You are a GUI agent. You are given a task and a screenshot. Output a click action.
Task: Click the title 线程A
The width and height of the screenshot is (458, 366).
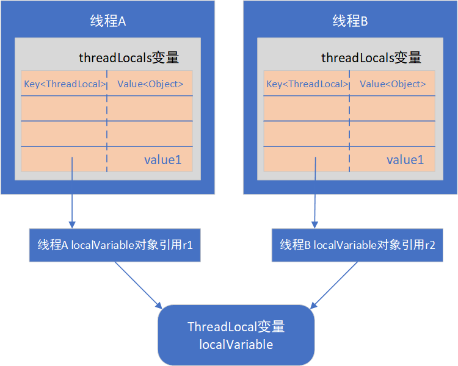[x=107, y=21]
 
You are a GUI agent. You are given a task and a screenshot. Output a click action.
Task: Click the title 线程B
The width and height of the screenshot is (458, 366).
[x=350, y=21]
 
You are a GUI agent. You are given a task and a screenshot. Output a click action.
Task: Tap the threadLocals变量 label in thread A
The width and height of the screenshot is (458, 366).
[x=129, y=57]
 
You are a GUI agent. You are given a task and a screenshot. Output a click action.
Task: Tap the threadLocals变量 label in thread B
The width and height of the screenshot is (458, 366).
[x=371, y=57]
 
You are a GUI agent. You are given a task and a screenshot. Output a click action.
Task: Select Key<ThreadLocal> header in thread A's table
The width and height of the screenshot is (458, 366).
[x=65, y=84]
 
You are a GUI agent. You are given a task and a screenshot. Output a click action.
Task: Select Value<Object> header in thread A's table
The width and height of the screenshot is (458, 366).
[x=150, y=84]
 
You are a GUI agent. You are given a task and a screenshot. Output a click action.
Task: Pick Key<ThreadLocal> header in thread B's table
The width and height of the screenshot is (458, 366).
[x=307, y=84]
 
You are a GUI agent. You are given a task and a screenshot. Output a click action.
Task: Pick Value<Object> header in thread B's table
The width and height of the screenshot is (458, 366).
[x=393, y=84]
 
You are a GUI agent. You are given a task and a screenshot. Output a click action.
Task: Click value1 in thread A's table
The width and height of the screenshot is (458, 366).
[x=162, y=160]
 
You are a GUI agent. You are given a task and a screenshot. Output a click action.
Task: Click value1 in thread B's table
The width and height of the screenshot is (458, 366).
[x=405, y=160]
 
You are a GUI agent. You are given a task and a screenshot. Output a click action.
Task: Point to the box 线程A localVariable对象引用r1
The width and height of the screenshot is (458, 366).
[x=115, y=245]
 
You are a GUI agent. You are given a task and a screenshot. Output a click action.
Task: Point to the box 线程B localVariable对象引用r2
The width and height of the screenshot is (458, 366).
[x=357, y=245]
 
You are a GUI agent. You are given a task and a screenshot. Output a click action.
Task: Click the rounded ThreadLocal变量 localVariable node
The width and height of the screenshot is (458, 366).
[x=236, y=335]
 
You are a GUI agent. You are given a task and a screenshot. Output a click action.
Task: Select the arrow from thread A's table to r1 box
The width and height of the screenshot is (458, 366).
[x=72, y=193]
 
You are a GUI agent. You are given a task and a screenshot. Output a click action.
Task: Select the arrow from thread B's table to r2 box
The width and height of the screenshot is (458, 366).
[x=315, y=193]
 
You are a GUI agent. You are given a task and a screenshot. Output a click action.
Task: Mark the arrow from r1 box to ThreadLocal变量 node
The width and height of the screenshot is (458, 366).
[x=139, y=285]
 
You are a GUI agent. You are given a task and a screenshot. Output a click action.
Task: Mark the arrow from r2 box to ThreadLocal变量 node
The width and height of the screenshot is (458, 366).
[x=333, y=285]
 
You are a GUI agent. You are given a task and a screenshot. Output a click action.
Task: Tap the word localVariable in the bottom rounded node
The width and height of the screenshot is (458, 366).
[x=236, y=345]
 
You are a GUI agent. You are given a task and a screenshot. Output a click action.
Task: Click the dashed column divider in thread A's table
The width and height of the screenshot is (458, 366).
[x=107, y=121]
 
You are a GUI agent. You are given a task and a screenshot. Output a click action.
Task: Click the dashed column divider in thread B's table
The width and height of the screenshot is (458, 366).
[x=349, y=121]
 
